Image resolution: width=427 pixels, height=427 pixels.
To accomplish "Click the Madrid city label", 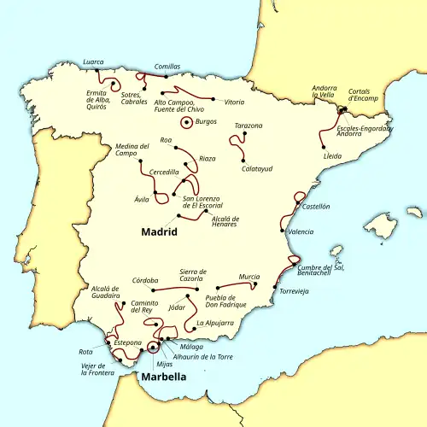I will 159,231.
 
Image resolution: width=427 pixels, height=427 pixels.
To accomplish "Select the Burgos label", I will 206,122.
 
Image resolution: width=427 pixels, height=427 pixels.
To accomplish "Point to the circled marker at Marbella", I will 153,346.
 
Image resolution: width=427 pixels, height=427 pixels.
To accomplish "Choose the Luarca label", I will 93,61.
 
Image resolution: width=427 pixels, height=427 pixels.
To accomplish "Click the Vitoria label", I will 234,102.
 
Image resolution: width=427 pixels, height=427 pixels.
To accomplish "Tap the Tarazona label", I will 248,126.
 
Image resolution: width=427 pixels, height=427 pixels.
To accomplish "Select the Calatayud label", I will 257,168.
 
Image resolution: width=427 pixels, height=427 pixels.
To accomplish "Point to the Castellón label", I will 316,206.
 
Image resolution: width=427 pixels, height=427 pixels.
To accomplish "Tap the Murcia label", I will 249,277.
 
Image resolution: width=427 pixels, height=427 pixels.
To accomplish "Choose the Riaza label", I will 208,158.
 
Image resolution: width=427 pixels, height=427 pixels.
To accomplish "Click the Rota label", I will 85,351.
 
